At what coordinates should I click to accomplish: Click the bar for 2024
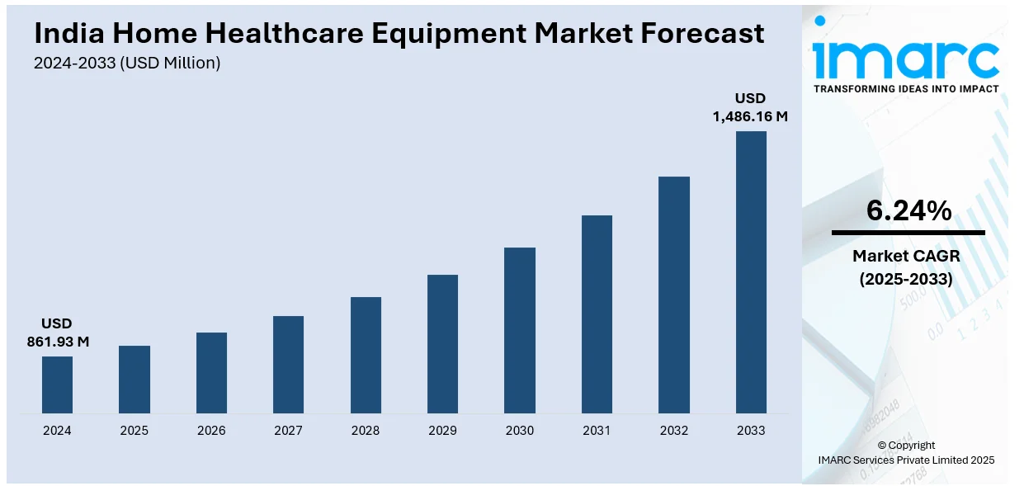57,385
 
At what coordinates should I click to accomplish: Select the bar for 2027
288,364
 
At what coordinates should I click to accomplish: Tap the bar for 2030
520,330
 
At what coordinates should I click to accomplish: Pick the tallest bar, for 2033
751,271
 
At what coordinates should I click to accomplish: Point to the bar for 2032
673,295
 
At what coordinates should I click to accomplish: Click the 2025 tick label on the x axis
134,430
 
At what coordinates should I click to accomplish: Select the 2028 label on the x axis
366,430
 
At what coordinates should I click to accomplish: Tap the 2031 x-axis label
597,430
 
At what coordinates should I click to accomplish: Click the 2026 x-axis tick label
211,430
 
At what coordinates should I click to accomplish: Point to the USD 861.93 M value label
57,333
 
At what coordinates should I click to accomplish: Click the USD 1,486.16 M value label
750,108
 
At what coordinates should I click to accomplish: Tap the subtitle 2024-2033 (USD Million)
127,63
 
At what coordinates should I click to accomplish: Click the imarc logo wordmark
905,56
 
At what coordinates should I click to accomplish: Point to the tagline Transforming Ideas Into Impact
906,88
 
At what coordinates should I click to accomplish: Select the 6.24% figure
908,211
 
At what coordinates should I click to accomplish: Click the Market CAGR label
906,256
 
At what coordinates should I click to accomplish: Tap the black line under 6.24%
908,233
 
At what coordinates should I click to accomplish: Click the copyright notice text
906,452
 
